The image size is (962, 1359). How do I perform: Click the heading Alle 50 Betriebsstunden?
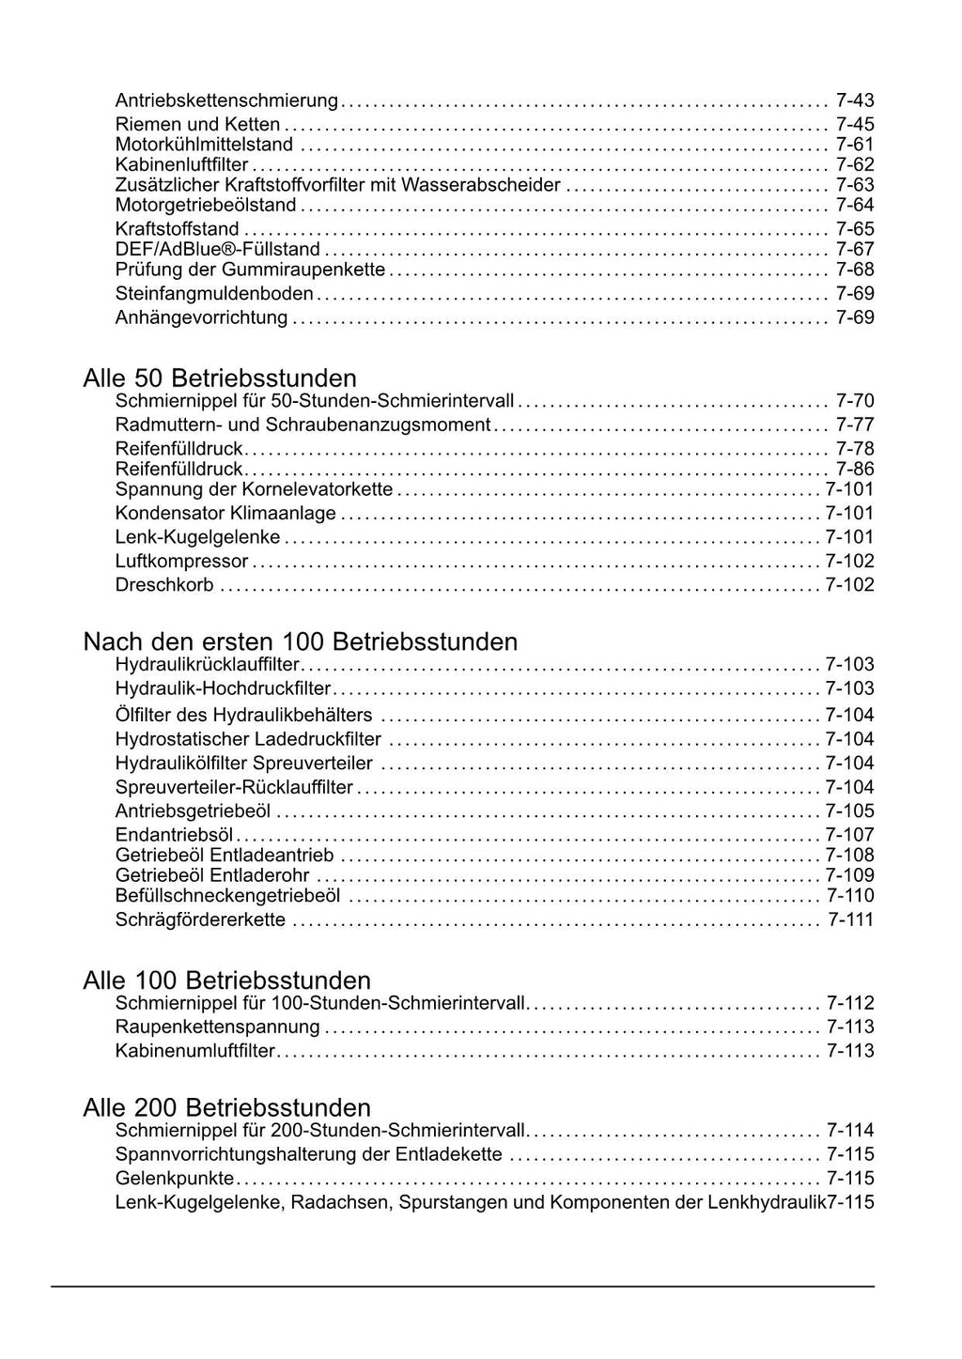(220, 378)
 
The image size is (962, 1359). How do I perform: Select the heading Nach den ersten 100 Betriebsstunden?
(301, 641)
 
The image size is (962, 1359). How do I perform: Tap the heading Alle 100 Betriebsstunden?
(226, 981)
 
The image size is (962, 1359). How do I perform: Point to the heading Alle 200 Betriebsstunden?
(226, 1107)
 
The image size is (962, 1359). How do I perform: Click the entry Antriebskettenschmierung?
(226, 100)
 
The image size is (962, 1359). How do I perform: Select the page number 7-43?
(855, 100)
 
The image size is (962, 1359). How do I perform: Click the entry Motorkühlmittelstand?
(204, 145)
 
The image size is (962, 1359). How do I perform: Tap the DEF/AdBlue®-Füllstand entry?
(217, 249)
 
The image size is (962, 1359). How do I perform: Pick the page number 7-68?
(855, 270)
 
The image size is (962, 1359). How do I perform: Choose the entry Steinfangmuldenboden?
(214, 294)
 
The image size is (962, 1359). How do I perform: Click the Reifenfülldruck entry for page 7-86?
(178, 469)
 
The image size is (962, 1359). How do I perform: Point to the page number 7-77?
(855, 425)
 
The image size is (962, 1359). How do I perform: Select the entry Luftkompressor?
(181, 562)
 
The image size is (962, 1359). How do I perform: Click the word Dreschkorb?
(164, 585)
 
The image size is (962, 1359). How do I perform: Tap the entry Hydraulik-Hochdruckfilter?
(223, 688)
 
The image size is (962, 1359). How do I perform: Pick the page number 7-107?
(849, 834)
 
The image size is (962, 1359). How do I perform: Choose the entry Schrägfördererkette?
(200, 919)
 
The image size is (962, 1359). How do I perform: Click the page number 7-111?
(851, 919)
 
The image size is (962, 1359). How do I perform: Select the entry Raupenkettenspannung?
(218, 1027)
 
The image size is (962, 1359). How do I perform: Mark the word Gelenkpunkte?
(175, 1178)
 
